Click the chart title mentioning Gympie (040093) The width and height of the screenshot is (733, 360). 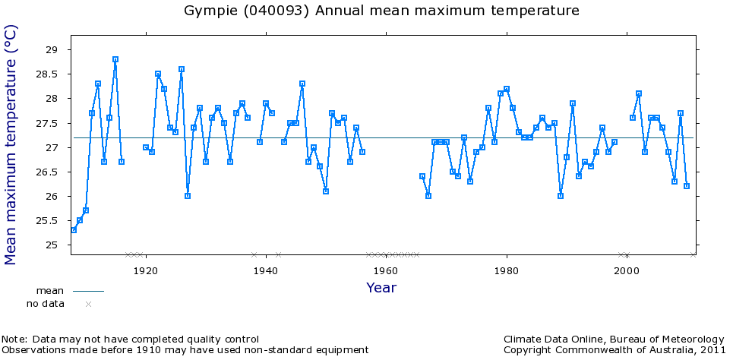tap(382, 11)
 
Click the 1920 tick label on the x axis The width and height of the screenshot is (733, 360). tap(144, 270)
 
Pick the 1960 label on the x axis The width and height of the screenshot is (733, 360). tap(386, 270)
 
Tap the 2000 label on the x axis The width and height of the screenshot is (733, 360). tap(627, 270)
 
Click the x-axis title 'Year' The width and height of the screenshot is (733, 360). tap(381, 288)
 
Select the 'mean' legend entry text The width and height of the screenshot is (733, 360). tap(50, 291)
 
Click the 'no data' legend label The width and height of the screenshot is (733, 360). tap(46, 304)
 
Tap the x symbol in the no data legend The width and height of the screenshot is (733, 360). tap(88, 305)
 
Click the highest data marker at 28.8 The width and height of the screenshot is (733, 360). tap(115, 59)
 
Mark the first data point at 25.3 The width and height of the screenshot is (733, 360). tap(74, 230)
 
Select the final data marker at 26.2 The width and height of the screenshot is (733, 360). tap(687, 186)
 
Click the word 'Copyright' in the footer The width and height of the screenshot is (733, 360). tap(529, 350)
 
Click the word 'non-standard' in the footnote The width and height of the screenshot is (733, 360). tap(289, 350)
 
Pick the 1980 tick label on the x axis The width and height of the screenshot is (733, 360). tap(507, 270)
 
